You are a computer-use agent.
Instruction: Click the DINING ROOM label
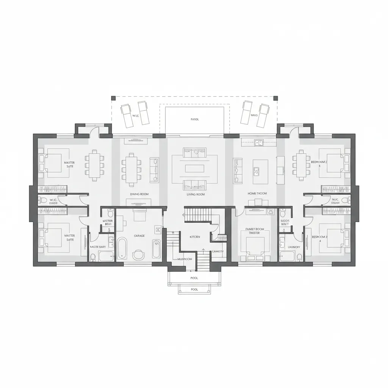(139, 194)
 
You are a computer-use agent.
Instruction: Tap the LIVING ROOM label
(196, 194)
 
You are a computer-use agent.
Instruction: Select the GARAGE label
(139, 236)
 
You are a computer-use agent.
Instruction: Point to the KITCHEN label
(195, 237)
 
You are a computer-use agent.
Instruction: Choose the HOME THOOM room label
(257, 193)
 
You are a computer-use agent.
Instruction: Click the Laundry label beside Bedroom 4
(294, 247)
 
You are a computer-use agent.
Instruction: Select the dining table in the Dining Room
(131, 169)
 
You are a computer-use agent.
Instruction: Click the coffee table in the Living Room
(194, 169)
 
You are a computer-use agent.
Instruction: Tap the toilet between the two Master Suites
(43, 200)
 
